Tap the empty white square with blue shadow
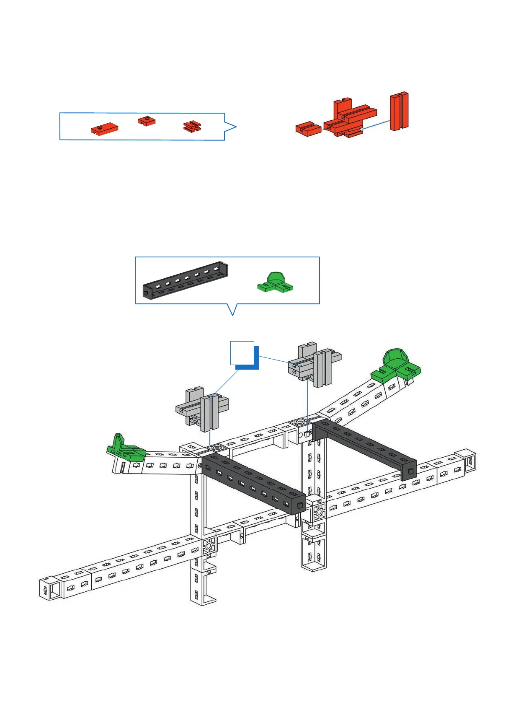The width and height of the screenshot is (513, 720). pyautogui.click(x=242, y=353)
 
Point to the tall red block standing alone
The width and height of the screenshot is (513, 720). pyautogui.click(x=399, y=111)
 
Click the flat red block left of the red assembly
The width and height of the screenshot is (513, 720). pyautogui.click(x=308, y=128)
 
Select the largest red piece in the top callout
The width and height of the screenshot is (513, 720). pyautogui.click(x=104, y=128)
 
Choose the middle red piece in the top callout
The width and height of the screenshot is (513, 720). pyautogui.click(x=147, y=121)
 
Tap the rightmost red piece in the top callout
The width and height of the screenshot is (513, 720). pyautogui.click(x=193, y=126)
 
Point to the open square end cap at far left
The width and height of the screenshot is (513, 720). pyautogui.click(x=51, y=588)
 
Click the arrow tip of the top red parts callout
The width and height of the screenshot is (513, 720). pyautogui.click(x=236, y=127)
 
